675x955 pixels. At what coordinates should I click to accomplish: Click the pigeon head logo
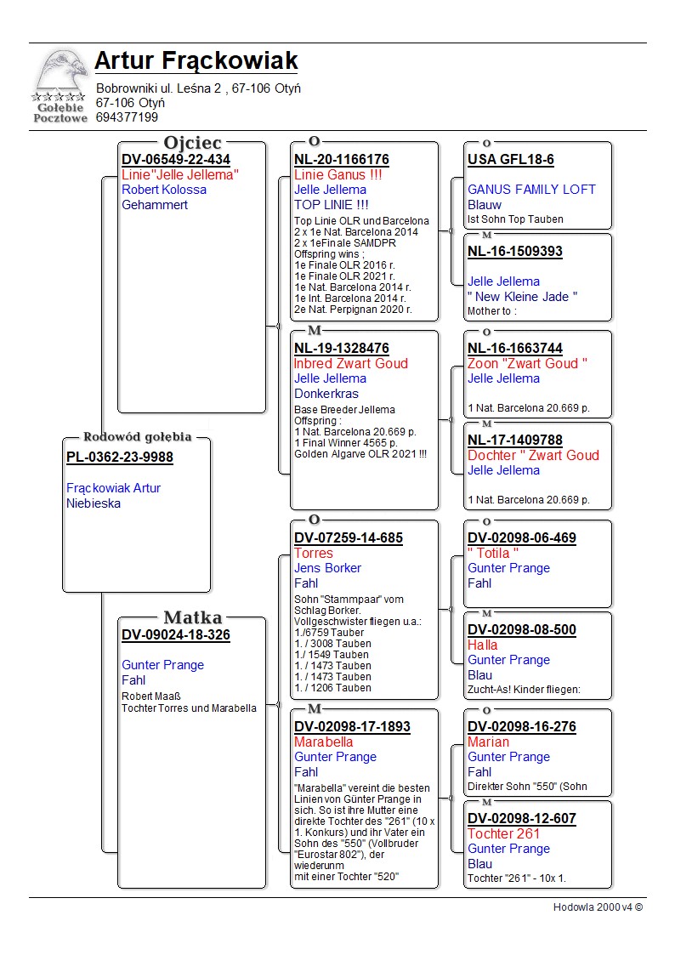point(60,71)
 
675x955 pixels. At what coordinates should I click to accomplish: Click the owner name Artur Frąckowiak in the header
point(196,61)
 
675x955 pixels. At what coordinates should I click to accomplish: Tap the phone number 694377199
point(127,117)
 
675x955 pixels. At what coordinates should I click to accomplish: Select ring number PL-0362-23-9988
point(120,458)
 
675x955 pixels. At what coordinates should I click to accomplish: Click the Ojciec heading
point(192,142)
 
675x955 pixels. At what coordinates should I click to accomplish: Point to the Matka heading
point(192,617)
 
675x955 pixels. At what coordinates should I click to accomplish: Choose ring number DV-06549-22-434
point(176,159)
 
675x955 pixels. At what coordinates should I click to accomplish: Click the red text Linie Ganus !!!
point(337,175)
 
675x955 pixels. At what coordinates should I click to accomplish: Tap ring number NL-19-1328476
point(342,349)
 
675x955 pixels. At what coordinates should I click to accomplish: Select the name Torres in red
point(314,553)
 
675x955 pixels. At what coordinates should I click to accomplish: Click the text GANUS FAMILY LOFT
point(531,190)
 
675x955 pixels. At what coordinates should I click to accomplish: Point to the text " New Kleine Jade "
point(523,297)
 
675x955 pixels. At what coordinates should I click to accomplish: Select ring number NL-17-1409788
point(515,440)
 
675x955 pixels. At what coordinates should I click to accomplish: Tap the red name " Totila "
point(493,553)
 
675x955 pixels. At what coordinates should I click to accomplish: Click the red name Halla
point(483,645)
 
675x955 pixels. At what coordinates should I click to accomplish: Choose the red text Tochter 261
point(504,833)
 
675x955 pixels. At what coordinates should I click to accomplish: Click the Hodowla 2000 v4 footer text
point(598,907)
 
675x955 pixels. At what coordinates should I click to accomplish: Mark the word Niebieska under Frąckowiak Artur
point(94,503)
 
